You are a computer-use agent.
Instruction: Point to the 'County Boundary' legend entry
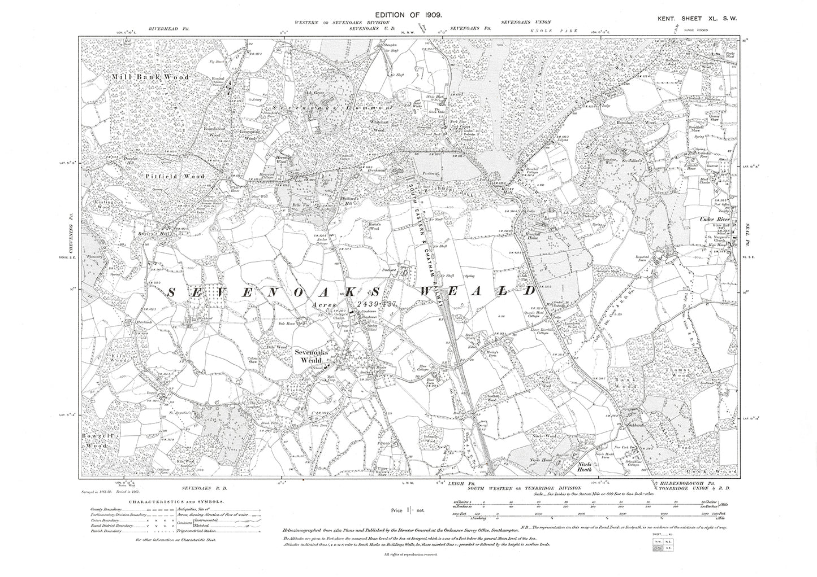(x=108, y=510)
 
